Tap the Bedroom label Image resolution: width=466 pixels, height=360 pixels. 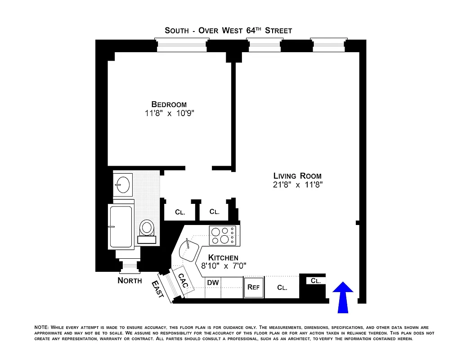tap(169, 104)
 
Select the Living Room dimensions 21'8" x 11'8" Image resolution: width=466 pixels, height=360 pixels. tap(298, 184)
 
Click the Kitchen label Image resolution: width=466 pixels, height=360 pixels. tap(223, 258)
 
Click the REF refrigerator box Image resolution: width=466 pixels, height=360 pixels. tap(253, 288)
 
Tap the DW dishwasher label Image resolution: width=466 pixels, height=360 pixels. tap(212, 283)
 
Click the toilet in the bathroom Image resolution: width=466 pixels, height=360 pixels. tap(147, 229)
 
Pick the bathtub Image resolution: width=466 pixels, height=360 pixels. tap(121, 226)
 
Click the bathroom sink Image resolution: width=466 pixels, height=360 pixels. tap(122, 184)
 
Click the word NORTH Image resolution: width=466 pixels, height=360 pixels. tap(130, 281)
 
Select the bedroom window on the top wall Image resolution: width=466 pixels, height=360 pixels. tap(182, 45)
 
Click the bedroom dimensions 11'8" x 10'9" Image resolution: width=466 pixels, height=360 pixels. tap(169, 113)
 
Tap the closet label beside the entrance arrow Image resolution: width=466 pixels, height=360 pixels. tap(316, 281)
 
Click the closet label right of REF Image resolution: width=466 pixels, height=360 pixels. tap(282, 288)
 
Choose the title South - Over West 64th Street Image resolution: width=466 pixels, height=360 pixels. tap(228, 31)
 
